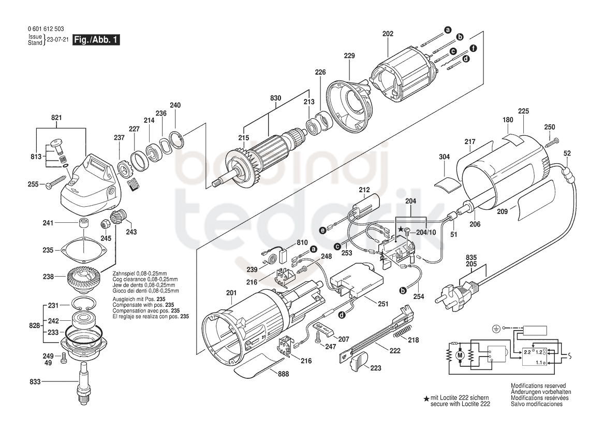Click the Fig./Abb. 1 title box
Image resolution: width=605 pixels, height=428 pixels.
tap(96, 39)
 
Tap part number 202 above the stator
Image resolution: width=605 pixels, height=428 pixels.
tap(388, 34)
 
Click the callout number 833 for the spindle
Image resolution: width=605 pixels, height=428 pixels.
tap(35, 382)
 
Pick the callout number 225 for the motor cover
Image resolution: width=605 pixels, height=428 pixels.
tap(524, 111)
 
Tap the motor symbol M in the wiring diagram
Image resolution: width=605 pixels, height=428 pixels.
tap(459, 354)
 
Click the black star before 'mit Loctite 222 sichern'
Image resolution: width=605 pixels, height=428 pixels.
tap(426, 398)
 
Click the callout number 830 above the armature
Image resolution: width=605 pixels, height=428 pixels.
tap(276, 98)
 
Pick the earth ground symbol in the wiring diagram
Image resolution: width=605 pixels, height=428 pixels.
tap(496, 329)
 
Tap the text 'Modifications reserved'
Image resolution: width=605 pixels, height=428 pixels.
tap(538, 386)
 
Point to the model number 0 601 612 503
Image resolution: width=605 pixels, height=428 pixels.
tap(46, 29)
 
